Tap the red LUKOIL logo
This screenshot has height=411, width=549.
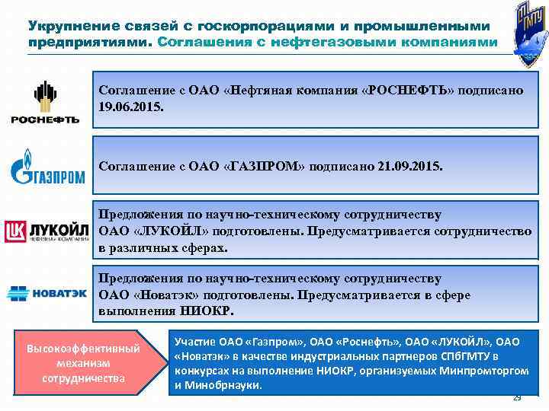pyautogui.click(x=47, y=231)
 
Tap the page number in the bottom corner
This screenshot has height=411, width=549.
pyautogui.click(x=518, y=398)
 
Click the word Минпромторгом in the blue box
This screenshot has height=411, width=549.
pyautogui.click(x=484, y=371)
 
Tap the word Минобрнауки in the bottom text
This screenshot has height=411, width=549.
pyautogui.click(x=226, y=385)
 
